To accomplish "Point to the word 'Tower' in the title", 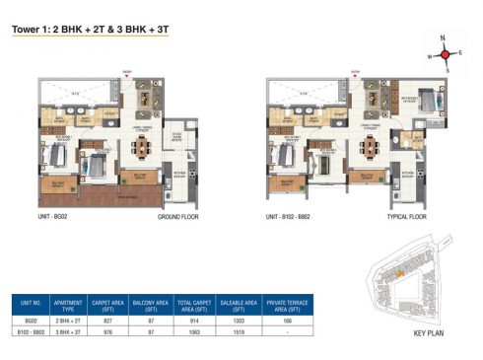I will (27, 31).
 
